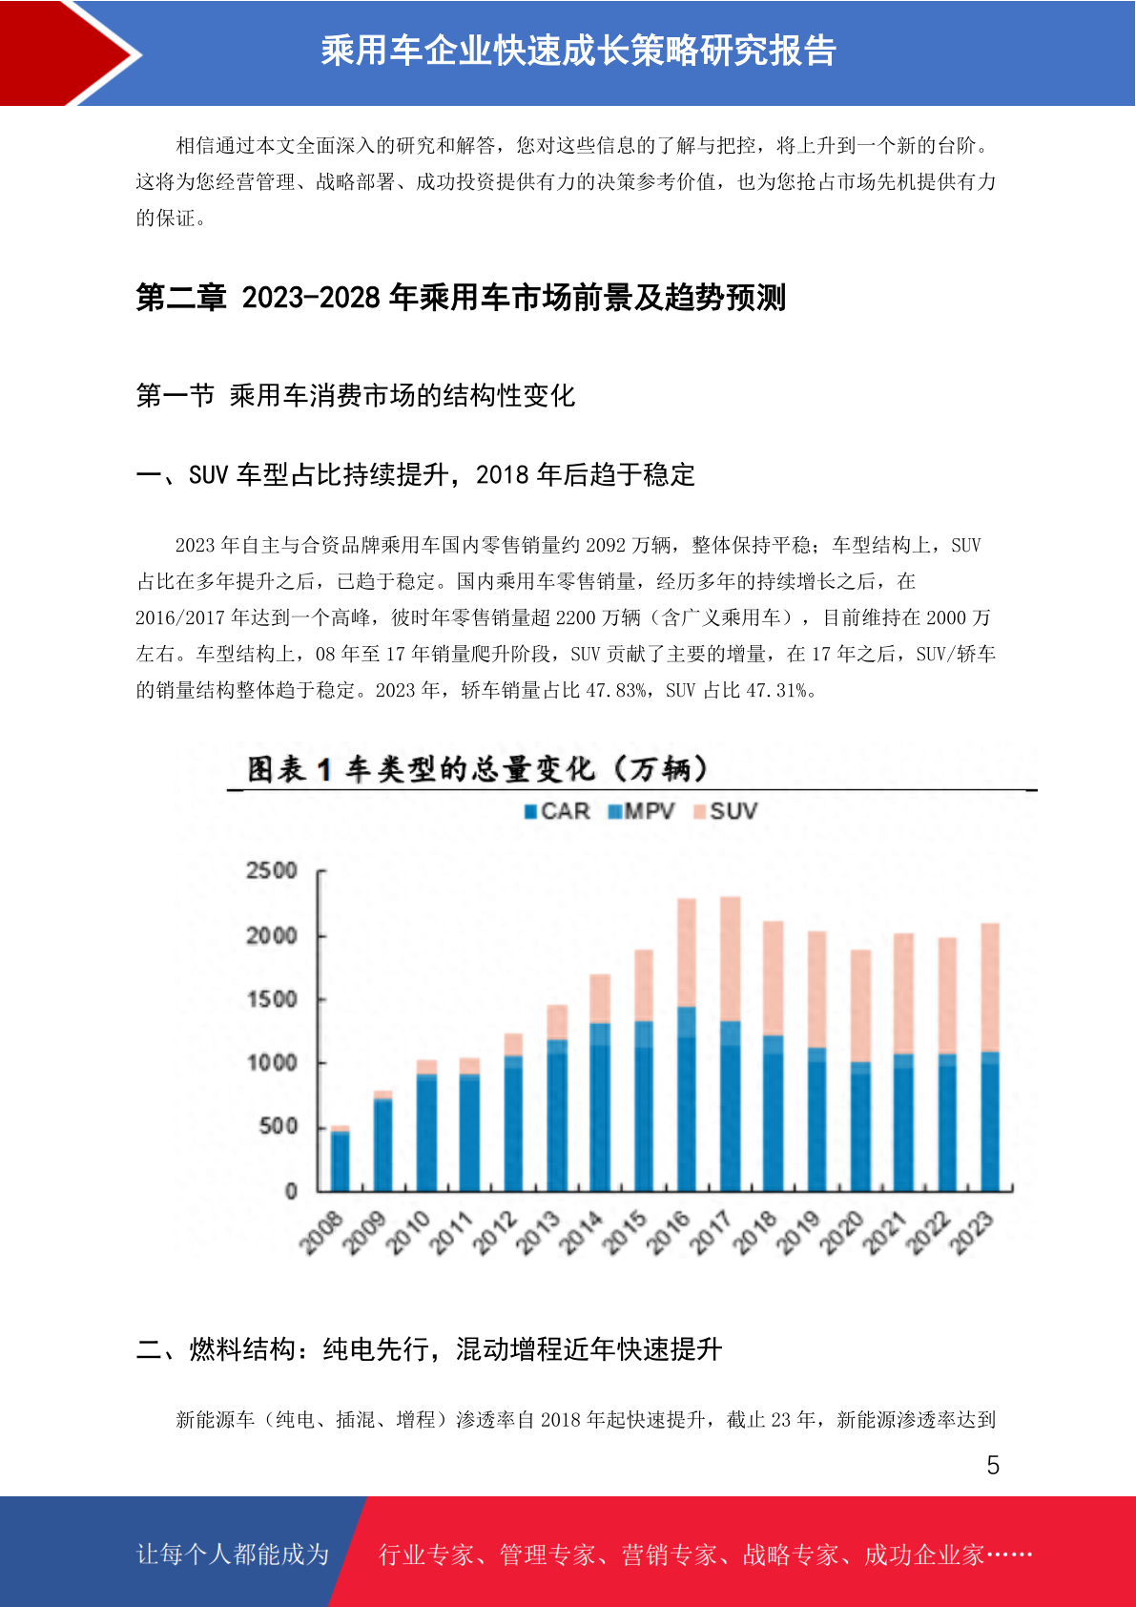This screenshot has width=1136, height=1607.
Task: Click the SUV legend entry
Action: (725, 811)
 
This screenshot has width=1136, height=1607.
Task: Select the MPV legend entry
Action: (641, 811)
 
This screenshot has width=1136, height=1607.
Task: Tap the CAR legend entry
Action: (557, 811)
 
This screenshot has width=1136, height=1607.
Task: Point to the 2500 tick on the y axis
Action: (271, 871)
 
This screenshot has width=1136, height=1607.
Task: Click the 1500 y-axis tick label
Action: (271, 999)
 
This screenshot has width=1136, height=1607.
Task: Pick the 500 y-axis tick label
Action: (278, 1126)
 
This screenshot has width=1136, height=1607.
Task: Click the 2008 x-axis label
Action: (320, 1233)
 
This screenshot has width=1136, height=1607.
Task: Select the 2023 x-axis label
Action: (972, 1233)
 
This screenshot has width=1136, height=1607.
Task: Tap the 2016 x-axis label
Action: (668, 1233)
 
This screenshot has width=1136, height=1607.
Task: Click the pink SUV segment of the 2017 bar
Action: (730, 959)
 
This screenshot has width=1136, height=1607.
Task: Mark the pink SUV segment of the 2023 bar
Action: (990, 988)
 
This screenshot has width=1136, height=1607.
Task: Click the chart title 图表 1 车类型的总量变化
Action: (421, 770)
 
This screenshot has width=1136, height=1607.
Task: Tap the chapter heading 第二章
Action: (180, 297)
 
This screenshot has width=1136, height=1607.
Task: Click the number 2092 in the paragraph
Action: (606, 546)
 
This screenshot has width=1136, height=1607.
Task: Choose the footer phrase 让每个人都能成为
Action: (233, 1555)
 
